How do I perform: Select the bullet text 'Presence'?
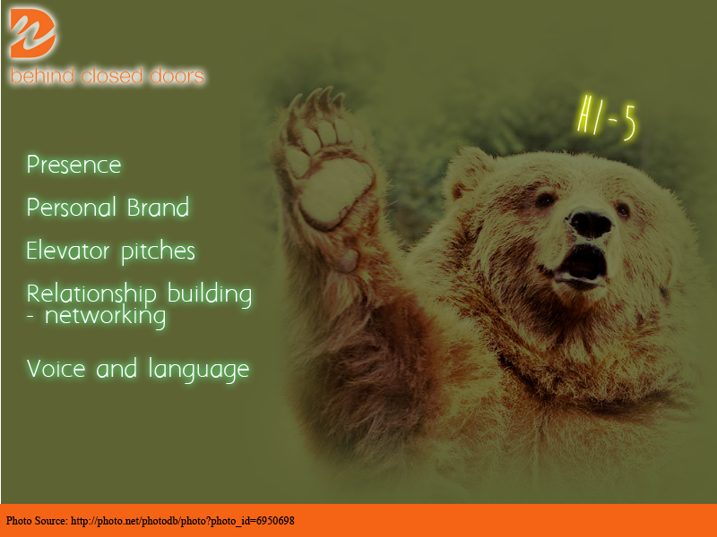[73, 166]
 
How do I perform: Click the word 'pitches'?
[158, 251]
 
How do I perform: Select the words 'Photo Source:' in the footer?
[37, 521]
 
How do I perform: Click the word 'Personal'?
[70, 208]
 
